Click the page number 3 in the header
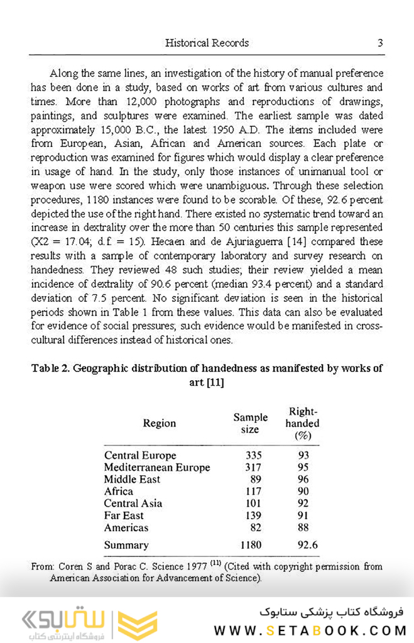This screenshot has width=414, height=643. click(380, 43)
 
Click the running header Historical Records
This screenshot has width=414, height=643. click(207, 43)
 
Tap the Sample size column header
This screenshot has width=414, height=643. click(250, 423)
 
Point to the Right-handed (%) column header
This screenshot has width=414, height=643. click(302, 423)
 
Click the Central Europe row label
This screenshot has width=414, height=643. click(140, 455)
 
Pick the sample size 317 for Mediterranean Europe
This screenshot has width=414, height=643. click(251, 467)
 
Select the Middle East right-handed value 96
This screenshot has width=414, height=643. click(303, 479)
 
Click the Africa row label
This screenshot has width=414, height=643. click(119, 492)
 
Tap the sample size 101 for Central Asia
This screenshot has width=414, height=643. click(251, 503)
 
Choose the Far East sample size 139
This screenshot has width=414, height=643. click(251, 515)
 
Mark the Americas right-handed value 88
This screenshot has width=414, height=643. click(303, 527)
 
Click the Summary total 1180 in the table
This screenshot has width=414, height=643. click(250, 545)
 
